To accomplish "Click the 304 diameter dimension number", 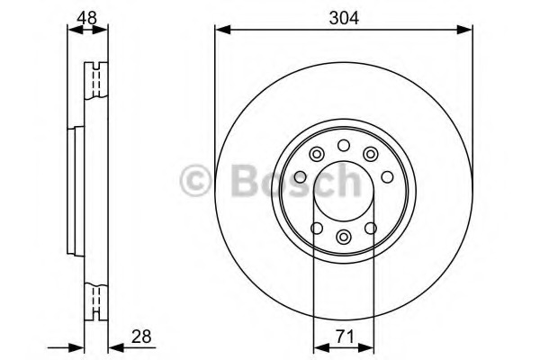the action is click(x=344, y=18).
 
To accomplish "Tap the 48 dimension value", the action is click(x=86, y=18).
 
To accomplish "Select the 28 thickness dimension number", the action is click(x=141, y=337).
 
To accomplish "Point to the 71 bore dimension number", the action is click(x=345, y=337).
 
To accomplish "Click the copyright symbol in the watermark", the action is click(x=195, y=180).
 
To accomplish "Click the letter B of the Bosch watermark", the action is click(x=244, y=180).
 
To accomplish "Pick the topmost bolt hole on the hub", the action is click(x=344, y=146).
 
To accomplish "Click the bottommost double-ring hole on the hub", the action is click(x=344, y=237).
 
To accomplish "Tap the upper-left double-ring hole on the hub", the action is click(x=317, y=154).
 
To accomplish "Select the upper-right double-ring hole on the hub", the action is click(x=371, y=154).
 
